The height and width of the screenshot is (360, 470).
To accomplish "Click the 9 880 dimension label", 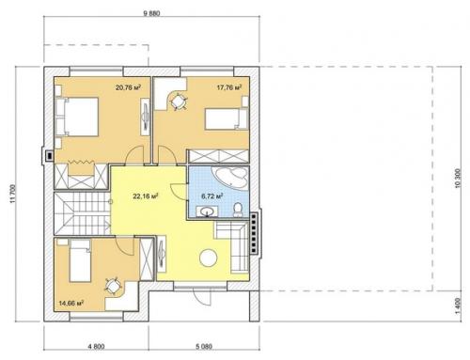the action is pyautogui.click(x=151, y=13).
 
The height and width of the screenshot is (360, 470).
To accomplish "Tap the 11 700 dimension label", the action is pyautogui.click(x=12, y=194).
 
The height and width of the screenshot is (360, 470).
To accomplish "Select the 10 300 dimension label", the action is pyautogui.click(x=457, y=179).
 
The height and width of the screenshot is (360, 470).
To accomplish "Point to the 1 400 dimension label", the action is pyautogui.click(x=457, y=305).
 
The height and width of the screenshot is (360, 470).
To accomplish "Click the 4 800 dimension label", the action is pyautogui.click(x=96, y=347).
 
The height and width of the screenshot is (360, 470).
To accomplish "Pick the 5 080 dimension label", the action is pyautogui.click(x=204, y=347).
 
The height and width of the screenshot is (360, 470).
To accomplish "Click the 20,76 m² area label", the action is pyautogui.click(x=128, y=87).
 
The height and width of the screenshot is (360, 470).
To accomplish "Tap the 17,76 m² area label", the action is pyautogui.click(x=229, y=87).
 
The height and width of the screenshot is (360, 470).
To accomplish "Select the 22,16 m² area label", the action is pyautogui.click(x=145, y=196).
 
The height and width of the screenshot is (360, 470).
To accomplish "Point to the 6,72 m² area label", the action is pyautogui.click(x=211, y=196).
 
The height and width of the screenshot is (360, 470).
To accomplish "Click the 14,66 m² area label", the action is pyautogui.click(x=71, y=303).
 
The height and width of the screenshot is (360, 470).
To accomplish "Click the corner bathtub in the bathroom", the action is pyautogui.click(x=230, y=178).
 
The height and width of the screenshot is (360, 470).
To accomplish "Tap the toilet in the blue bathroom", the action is pyautogui.click(x=238, y=210).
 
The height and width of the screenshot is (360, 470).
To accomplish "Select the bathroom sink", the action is pyautogui.click(x=207, y=211).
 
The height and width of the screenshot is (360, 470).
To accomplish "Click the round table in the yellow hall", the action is pyautogui.click(x=209, y=258).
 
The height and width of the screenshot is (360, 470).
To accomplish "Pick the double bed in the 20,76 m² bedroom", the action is pyautogui.click(x=77, y=117).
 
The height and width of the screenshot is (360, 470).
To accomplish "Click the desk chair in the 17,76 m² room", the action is pyautogui.click(x=179, y=102).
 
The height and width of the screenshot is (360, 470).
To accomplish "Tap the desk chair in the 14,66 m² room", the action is pyautogui.click(x=113, y=286).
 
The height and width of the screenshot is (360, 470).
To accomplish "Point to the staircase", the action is pyautogui.click(x=82, y=213).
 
